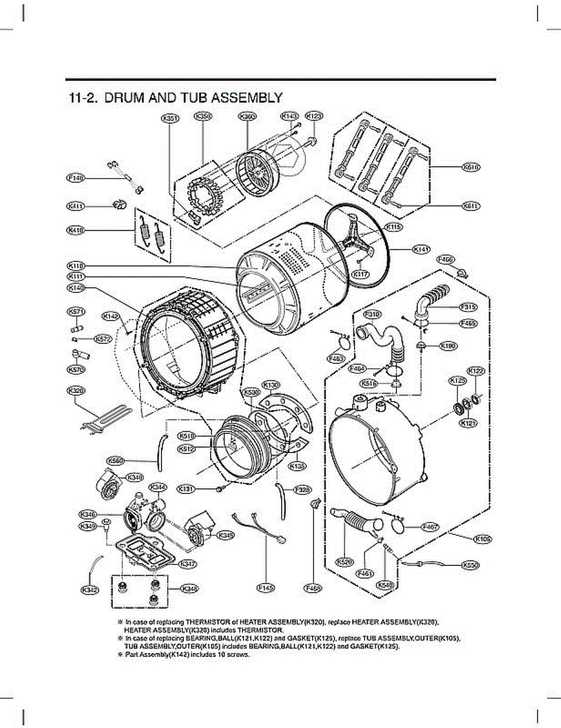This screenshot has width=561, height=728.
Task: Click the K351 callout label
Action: click(x=169, y=119)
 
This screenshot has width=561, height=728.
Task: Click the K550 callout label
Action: click(x=471, y=565)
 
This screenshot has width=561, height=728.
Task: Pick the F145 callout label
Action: click(x=266, y=587)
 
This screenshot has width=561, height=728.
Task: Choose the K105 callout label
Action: click(x=484, y=538)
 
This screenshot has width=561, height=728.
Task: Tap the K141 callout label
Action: click(x=421, y=249)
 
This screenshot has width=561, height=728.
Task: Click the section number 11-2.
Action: click(x=84, y=98)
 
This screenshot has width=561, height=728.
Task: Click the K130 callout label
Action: click(x=271, y=385)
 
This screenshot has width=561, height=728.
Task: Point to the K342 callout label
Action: click(x=90, y=588)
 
